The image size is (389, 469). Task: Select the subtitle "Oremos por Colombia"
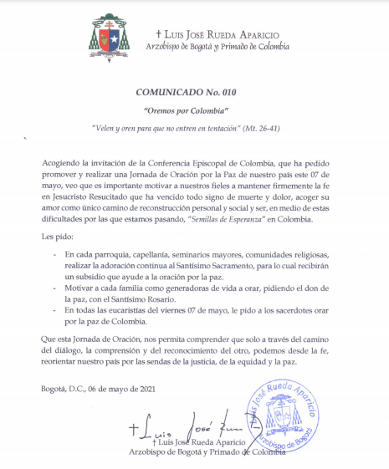(x=194, y=110)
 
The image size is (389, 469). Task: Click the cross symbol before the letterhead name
(x=159, y=33)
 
